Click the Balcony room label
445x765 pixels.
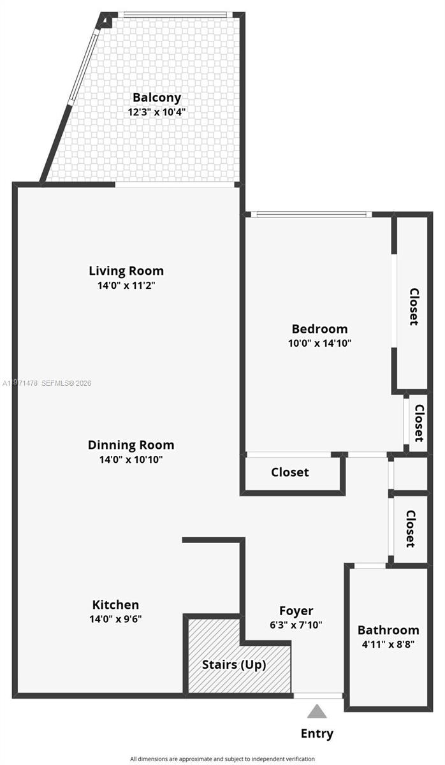coord(157,98)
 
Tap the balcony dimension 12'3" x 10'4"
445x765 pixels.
coord(157,112)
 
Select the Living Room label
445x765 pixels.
coord(126,270)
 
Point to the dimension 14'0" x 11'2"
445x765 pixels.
coord(126,286)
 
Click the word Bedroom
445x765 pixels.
coord(319,329)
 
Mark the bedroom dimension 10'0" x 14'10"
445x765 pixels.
coord(319,343)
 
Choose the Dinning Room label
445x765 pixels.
coord(131,445)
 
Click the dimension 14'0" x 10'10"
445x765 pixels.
coord(131,460)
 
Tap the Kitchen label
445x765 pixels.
coord(115,604)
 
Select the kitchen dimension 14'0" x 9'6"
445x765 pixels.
coord(115,618)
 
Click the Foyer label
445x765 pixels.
coord(296,611)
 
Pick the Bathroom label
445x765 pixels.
coord(388,630)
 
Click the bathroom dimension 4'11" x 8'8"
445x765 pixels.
coord(388,644)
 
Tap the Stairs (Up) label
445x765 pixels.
coord(234,664)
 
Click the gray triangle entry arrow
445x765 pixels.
coord(317,711)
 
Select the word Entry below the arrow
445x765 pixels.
coord(317,734)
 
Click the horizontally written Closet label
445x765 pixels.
coord(290,472)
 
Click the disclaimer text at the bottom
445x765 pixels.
coord(222,759)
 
